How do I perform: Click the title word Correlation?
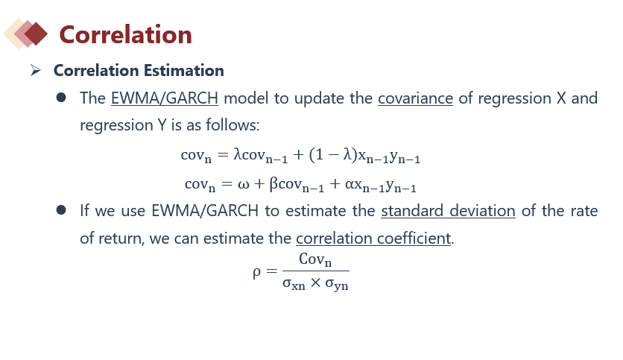coord(125,34)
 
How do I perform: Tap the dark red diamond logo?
coord(36,34)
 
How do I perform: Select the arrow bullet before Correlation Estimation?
coord(35,71)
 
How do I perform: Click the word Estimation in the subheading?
coord(183,71)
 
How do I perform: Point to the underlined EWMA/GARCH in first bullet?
coord(165,98)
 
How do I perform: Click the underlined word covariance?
coord(415,98)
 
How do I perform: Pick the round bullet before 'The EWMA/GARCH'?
coord(61,98)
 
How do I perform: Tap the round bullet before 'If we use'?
coord(61,209)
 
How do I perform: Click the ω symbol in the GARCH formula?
coord(244,184)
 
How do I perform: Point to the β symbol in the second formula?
coord(273,184)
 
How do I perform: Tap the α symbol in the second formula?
coord(350,184)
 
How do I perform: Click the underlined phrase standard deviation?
coord(448,211)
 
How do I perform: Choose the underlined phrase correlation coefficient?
coord(373,239)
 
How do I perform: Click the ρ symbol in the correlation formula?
coord(256,273)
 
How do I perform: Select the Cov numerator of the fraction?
coord(315,259)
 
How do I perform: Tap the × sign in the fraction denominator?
coord(315,283)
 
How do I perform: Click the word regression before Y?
coord(116,126)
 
